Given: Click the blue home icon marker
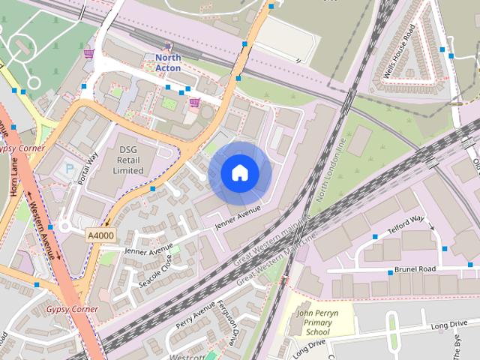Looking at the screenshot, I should point(239,172).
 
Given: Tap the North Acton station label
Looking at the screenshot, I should point(169,62).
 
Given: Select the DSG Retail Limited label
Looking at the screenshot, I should point(123,160).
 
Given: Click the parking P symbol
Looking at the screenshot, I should point(70,170).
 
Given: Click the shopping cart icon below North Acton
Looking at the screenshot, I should point(194,103).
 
